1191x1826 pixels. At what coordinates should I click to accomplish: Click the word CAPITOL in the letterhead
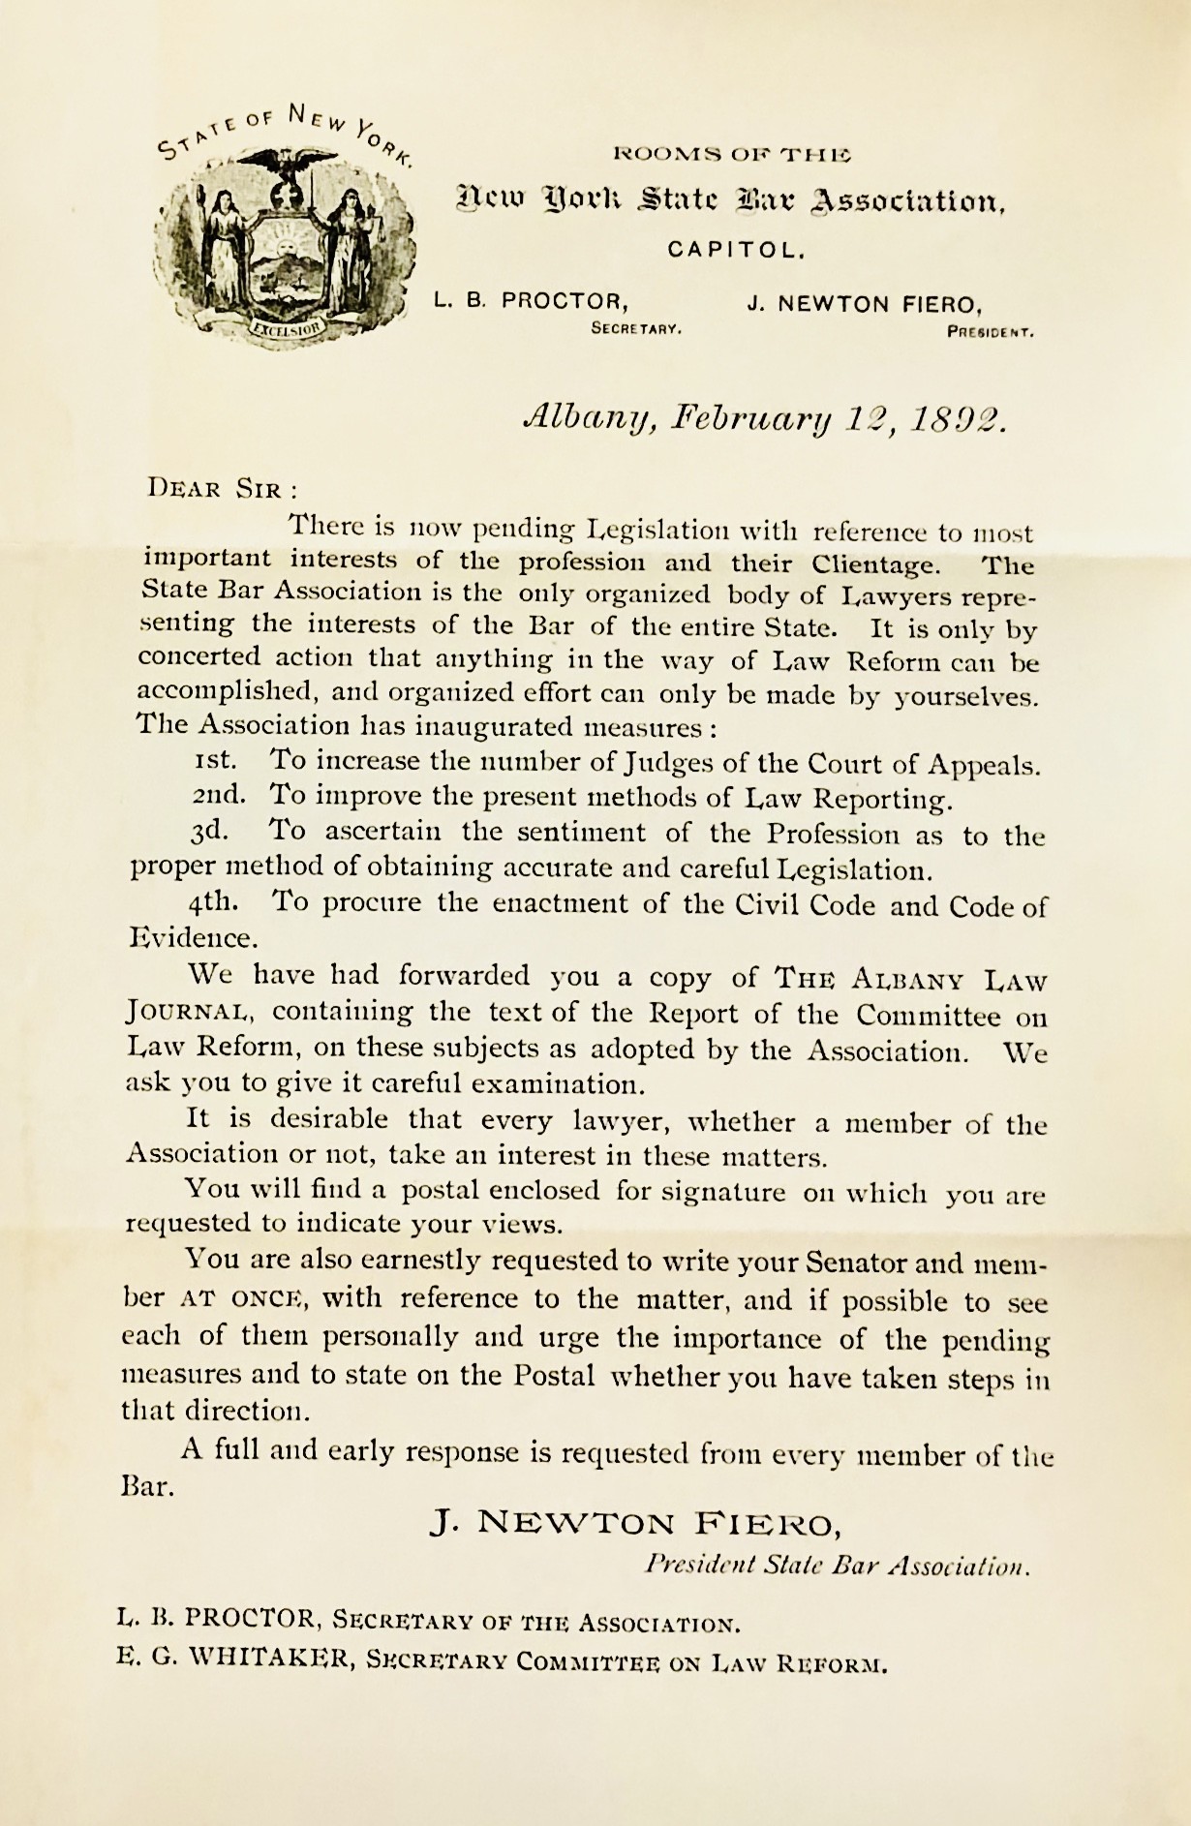pyautogui.click(x=736, y=250)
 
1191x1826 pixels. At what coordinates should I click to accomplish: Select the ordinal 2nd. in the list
pyautogui.click(x=218, y=797)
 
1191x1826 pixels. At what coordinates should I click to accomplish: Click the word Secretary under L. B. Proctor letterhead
pyautogui.click(x=636, y=328)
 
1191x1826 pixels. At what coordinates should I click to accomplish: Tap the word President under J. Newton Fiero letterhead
pyautogui.click(x=991, y=332)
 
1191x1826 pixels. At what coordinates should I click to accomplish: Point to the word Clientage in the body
pyautogui.click(x=874, y=563)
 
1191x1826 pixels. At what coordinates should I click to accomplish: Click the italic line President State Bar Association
pyautogui.click(x=837, y=1566)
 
